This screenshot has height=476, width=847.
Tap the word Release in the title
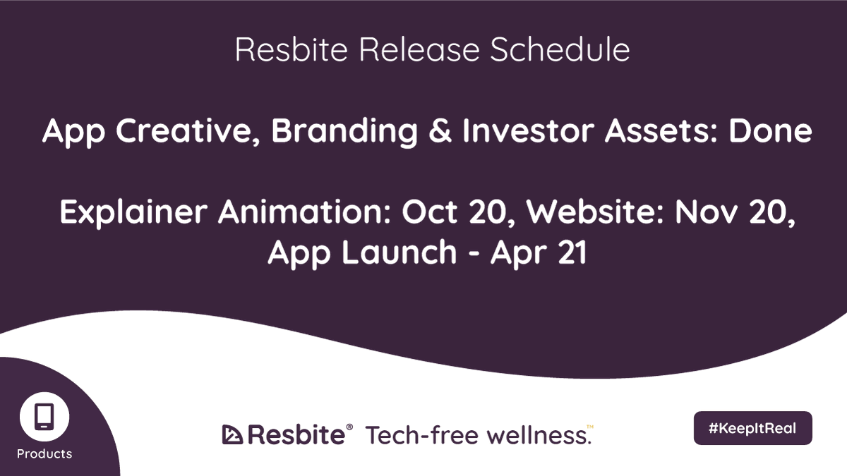pos(407,50)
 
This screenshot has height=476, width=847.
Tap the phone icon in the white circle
pos(44,416)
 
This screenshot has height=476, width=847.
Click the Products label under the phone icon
pos(44,453)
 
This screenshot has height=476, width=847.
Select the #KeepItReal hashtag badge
pos(752,428)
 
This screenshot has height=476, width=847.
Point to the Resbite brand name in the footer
pos(296,434)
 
